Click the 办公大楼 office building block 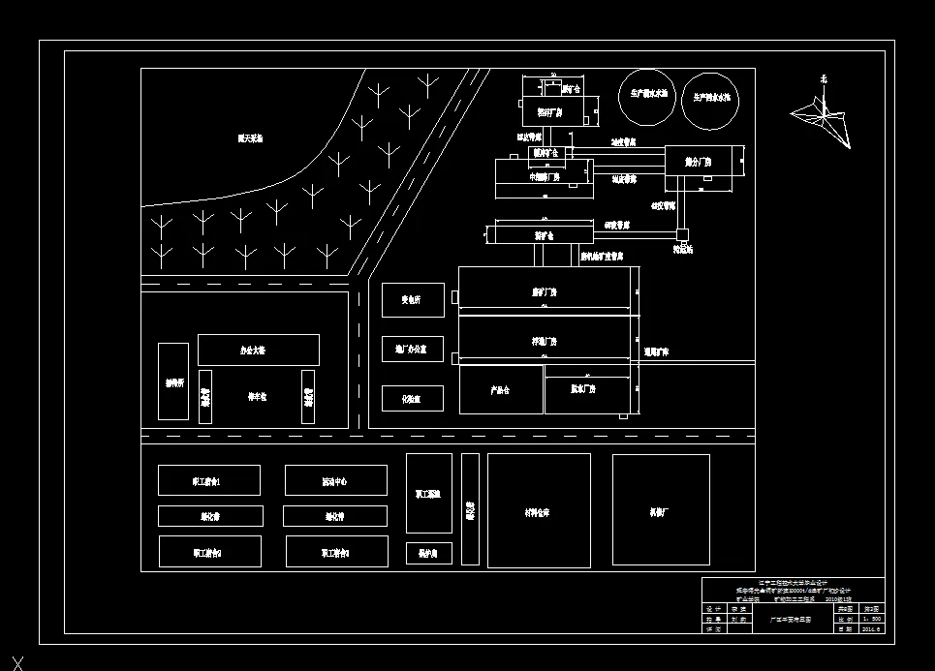pos(258,350)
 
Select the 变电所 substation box pos(412,300)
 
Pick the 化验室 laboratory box pos(412,398)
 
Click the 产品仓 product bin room pos(500,389)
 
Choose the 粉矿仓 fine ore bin pos(544,234)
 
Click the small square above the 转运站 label pos(683,234)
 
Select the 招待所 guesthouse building pos(173,381)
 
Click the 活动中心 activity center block pos(335,480)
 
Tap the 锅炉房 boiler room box pos(428,553)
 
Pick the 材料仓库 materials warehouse pos(539,510)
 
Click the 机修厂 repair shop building pos(661,510)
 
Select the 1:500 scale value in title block pos(871,618)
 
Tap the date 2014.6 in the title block pos(871,628)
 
